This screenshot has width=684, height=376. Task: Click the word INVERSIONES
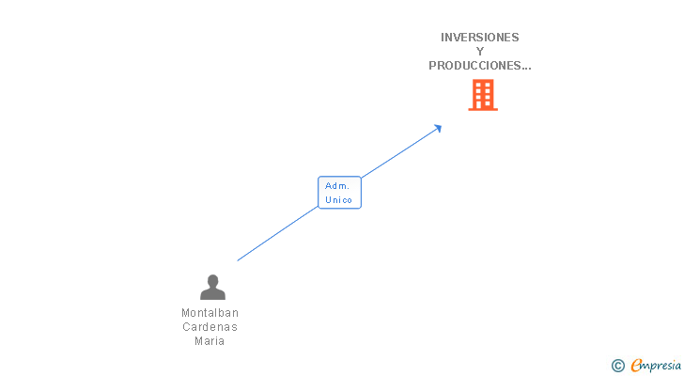479,38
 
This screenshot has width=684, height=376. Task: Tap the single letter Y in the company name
480,52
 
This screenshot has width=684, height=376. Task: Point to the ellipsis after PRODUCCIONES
526,69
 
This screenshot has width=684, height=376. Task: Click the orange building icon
483,95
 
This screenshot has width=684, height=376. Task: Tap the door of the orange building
479,104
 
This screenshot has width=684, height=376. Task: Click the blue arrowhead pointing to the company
438,129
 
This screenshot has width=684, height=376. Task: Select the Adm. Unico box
339,193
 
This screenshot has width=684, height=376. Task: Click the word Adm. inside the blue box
337,186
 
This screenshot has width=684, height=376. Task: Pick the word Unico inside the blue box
338,200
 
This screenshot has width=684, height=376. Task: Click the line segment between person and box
277,234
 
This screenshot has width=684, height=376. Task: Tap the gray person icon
212,287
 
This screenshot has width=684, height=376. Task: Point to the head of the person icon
212,280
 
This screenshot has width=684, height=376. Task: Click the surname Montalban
210,313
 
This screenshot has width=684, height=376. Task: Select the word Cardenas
210,327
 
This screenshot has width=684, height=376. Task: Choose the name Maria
210,340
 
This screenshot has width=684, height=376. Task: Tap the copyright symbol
617,366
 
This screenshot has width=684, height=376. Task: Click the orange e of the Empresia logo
636,366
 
